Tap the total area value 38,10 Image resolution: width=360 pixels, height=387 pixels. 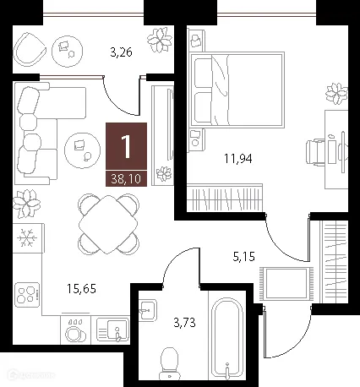pyautogui.click(x=127, y=178)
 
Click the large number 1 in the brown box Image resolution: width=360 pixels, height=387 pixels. pyautogui.click(x=127, y=147)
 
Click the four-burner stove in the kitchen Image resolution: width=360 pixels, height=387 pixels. pyautogui.click(x=28, y=295)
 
